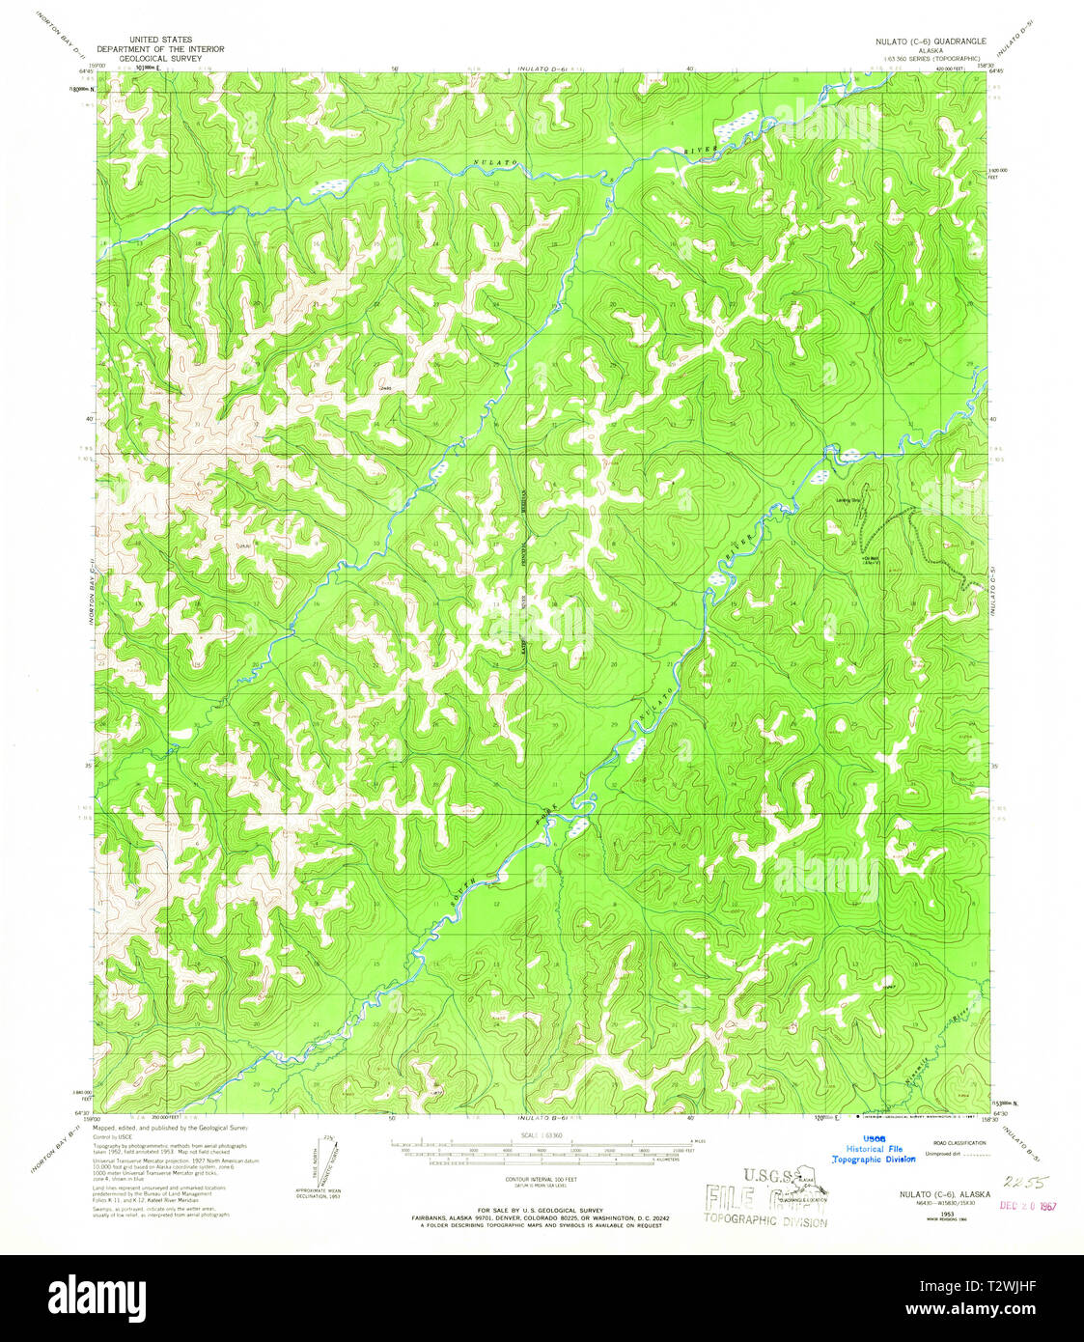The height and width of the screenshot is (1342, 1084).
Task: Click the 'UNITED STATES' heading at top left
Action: click(x=160, y=41)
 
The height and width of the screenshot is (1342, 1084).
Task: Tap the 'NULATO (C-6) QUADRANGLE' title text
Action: click(x=926, y=42)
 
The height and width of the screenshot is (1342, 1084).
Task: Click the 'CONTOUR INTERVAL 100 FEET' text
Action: click(x=541, y=1179)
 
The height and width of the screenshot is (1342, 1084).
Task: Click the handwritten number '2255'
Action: click(x=1024, y=1182)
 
